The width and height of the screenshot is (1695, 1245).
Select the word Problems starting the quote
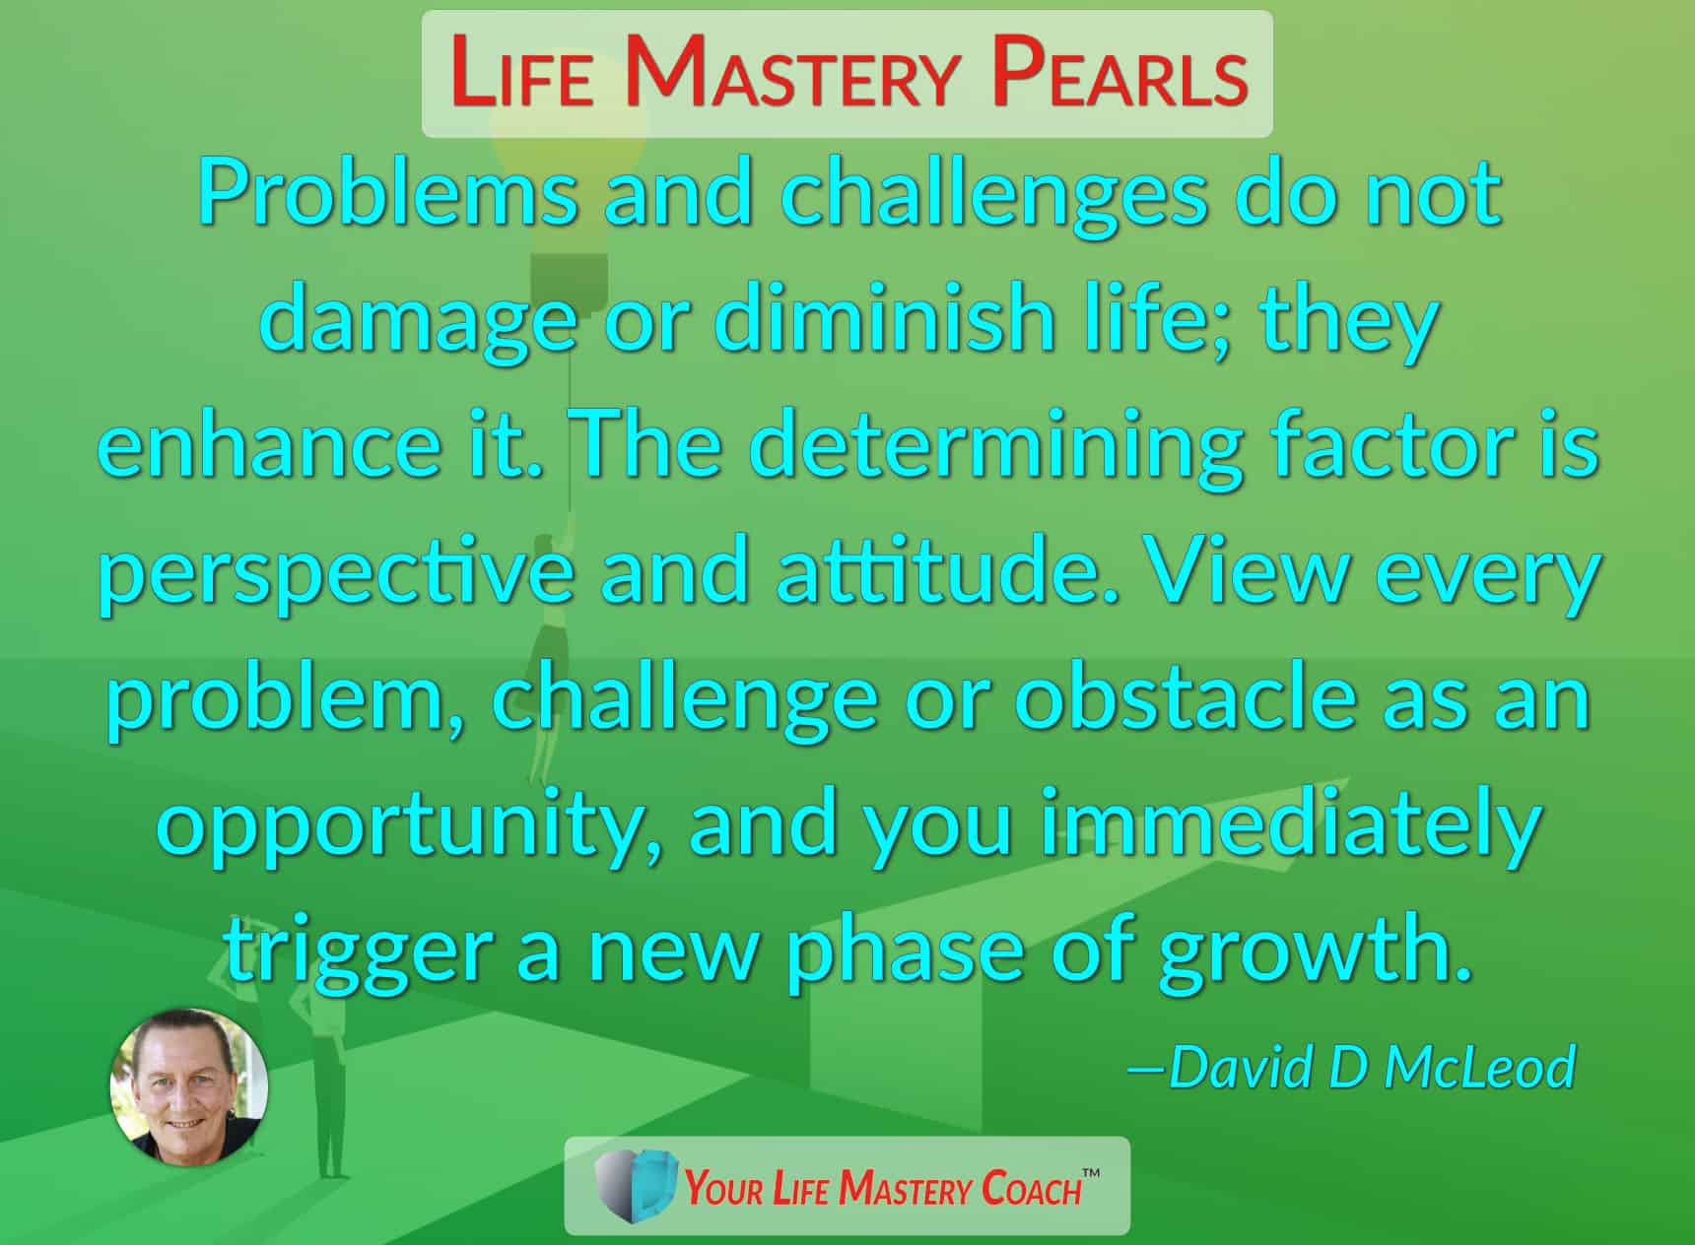coord(387,193)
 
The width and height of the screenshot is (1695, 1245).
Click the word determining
coord(993,448)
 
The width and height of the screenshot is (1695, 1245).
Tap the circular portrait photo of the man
coord(188,1086)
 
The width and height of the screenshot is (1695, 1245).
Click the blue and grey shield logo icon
coord(637,1186)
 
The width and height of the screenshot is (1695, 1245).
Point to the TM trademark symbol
coord(1091,1173)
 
